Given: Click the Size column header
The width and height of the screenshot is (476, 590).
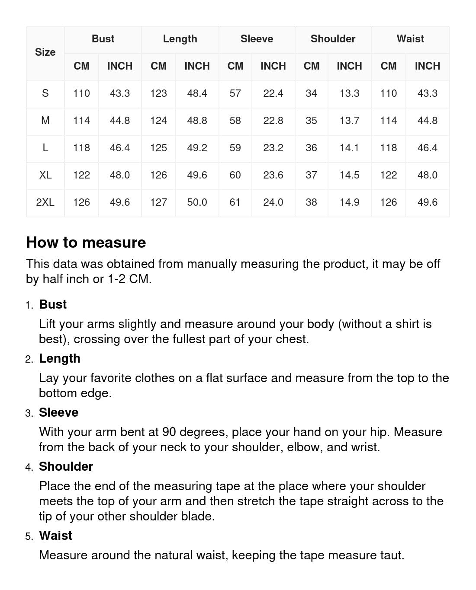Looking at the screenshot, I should tap(45, 52).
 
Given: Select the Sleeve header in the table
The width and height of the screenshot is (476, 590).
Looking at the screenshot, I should tap(257, 39).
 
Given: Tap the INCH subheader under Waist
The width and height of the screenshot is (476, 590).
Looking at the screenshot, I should tap(427, 66).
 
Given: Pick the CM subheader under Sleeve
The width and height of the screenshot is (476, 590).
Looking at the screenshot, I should tap(235, 66).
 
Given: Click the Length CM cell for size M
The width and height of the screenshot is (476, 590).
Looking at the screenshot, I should tap(158, 121).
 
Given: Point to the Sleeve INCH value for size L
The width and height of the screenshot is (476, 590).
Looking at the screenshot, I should tap(273, 148).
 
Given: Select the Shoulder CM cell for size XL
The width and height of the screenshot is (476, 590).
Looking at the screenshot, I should tap(311, 175).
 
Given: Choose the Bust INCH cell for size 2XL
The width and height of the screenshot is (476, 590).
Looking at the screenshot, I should tap(120, 202).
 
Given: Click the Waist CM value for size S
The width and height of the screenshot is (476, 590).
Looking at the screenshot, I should tap(388, 93).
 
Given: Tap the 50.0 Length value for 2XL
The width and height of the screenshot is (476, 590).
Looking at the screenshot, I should tap(197, 202).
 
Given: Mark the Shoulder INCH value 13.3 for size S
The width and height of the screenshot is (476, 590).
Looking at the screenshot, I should tap(349, 93).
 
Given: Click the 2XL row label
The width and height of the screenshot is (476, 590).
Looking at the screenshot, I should tap(45, 202).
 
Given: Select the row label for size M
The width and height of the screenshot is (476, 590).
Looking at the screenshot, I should tap(45, 121).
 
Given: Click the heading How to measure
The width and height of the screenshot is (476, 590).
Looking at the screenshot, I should tap(86, 242).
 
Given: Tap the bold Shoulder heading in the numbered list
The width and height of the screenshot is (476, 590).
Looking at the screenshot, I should tap(66, 466).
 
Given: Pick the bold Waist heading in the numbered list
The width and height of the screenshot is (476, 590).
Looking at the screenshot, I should tap(55, 536).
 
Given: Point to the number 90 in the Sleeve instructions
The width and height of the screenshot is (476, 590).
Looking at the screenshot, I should tap(169, 432).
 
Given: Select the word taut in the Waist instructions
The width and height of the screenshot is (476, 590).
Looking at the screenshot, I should tap(391, 555).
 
